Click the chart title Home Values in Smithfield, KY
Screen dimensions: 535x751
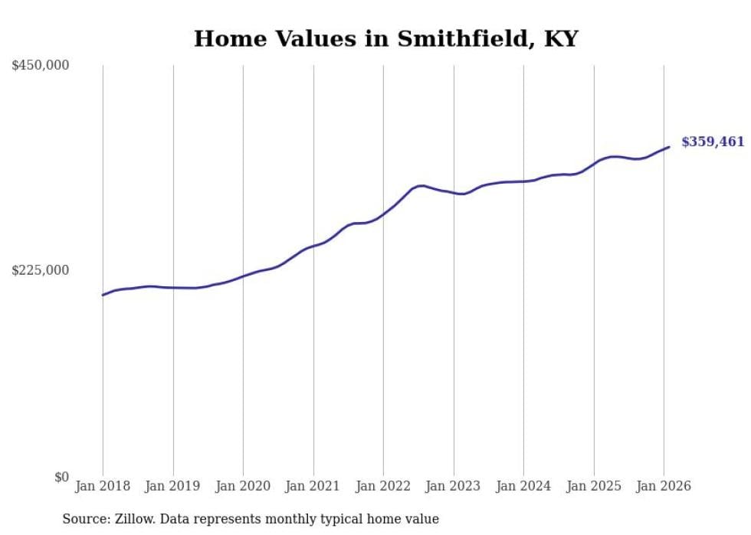coord(385,38)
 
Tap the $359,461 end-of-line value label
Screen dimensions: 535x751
coord(712,142)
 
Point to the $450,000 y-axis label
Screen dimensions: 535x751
coord(40,66)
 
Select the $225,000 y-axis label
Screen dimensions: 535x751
coord(40,270)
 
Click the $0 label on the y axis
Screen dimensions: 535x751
coord(61,477)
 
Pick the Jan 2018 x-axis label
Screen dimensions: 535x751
coord(103,486)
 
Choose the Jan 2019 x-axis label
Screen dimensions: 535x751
coord(173,486)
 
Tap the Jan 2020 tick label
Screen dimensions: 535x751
coord(243,486)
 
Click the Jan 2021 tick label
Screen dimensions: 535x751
coord(313,486)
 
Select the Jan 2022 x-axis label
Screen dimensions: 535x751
coord(383,486)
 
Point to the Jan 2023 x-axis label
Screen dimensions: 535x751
coord(454,486)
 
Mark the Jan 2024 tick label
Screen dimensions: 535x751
coord(523,486)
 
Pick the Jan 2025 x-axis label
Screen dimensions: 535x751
coord(594,486)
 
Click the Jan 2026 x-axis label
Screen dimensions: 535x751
coord(664,486)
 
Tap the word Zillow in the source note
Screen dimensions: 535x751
coord(131,519)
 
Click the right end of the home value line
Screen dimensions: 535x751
coord(669,147)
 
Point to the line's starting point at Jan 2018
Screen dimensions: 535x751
coord(103,295)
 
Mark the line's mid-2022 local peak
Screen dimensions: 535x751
coord(421,185)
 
